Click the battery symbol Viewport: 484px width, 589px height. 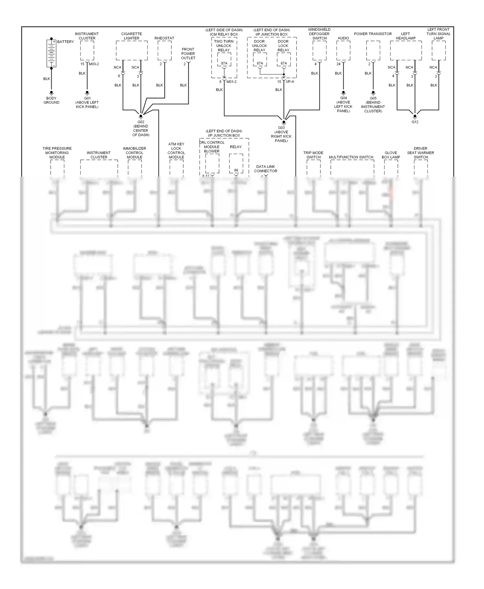(51, 53)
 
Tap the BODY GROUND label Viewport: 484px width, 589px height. (51, 100)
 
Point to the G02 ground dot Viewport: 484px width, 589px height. (141, 115)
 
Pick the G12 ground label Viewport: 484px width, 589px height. (415, 122)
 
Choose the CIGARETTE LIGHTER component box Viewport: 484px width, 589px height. (132, 50)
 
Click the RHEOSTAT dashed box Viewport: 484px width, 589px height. (165, 50)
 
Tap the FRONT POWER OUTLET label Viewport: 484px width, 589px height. (188, 53)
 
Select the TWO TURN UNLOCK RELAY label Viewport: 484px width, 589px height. (224, 46)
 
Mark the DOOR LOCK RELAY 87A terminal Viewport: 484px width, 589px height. (284, 63)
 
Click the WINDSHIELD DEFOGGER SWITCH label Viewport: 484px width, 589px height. (319, 34)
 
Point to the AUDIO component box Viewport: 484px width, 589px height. (343, 50)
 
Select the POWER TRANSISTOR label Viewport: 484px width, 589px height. (373, 34)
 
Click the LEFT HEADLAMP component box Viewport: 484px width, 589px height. (406, 50)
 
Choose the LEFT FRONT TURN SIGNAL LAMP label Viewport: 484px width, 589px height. (438, 34)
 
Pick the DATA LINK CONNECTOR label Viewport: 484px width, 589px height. (266, 169)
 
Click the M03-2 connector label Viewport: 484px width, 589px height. (94, 64)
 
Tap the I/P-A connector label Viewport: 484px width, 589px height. (290, 82)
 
